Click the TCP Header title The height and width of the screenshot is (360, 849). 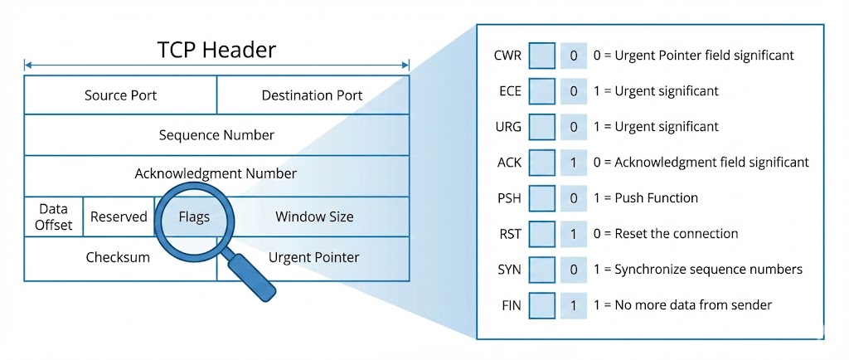[216, 49]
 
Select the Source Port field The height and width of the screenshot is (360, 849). [120, 95]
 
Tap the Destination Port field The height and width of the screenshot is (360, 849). [312, 95]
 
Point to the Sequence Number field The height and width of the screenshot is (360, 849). [216, 134]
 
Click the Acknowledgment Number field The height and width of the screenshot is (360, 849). [216, 173]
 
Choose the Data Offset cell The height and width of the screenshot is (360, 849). [53, 216]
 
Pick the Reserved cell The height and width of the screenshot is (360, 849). [119, 217]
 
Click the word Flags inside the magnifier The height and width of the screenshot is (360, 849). [194, 217]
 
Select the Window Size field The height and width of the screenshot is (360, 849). [314, 217]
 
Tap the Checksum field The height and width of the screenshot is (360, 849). [118, 257]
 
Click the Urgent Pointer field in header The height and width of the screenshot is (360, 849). [314, 257]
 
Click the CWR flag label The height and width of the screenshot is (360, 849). [507, 56]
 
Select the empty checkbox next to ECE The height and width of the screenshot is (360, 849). [541, 91]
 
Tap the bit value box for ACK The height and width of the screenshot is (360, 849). [573, 163]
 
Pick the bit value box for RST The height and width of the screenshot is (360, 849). [573, 234]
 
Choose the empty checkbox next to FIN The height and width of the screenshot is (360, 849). [541, 305]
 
